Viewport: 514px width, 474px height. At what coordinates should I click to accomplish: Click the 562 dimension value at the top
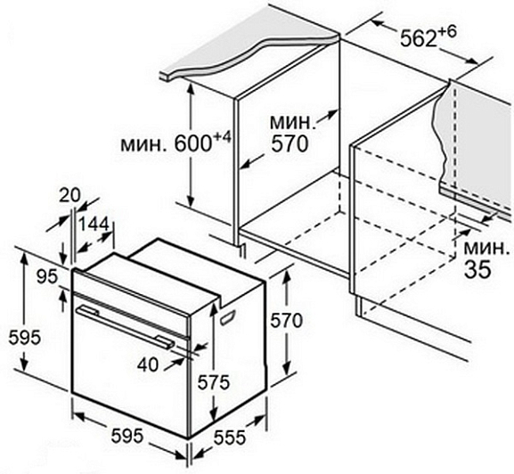coord(419,37)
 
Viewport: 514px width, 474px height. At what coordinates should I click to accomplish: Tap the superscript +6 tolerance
coord(447,32)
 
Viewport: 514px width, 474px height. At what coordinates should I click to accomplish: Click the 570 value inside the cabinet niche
coord(290,143)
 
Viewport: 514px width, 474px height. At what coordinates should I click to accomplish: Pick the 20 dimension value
coord(69,196)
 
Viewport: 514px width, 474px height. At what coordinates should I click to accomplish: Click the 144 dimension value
coord(94,225)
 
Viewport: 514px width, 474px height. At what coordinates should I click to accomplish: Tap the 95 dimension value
coord(47,277)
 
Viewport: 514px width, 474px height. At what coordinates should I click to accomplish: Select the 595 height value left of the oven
coord(25,338)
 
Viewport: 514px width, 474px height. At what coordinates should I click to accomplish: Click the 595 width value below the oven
coord(127,436)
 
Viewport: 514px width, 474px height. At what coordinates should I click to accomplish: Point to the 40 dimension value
coord(148,364)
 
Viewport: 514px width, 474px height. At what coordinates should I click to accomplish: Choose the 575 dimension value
coord(214,382)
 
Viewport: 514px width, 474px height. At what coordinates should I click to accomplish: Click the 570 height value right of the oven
coord(286,320)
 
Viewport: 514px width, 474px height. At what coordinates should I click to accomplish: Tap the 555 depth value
coord(230,437)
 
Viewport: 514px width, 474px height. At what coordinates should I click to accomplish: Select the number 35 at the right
coord(478,269)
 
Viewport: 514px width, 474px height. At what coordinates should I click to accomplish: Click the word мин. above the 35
coord(486,249)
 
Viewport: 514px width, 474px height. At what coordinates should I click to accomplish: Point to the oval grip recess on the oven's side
coord(228,316)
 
